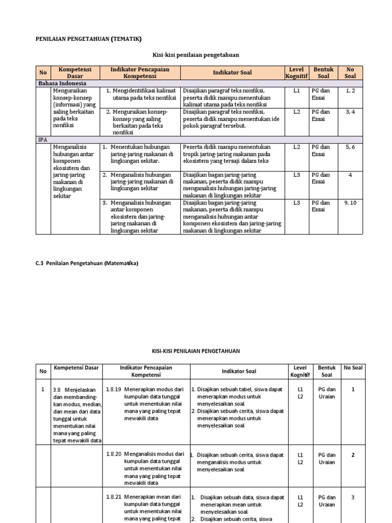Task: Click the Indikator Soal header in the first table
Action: point(232,73)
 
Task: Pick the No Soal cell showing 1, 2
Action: point(350,91)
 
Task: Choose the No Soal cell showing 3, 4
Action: point(350,111)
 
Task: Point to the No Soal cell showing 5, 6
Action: point(350,147)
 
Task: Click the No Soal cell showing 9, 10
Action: point(350,203)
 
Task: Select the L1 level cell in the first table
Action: point(297,91)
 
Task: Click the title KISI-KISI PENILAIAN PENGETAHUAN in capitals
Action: point(196,351)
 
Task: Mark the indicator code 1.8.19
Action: point(113,389)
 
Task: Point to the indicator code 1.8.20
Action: point(113,454)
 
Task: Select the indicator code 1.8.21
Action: point(113,496)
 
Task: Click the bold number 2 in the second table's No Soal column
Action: point(352,455)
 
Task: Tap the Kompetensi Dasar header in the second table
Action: point(76,368)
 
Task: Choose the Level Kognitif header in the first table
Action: point(296,73)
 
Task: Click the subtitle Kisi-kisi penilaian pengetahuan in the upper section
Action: point(196,54)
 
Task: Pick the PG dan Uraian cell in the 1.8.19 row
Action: point(327,393)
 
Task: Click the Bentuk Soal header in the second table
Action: point(327,371)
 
